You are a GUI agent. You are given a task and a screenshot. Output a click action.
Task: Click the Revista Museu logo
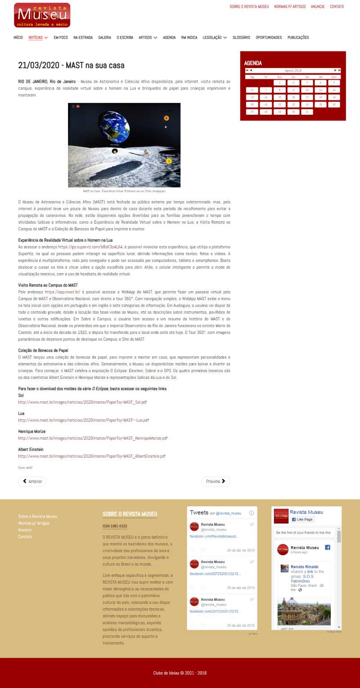tap(42, 15)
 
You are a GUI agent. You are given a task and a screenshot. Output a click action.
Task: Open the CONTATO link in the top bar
tap(337, 7)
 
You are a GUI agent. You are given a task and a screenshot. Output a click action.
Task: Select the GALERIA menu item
tap(105, 38)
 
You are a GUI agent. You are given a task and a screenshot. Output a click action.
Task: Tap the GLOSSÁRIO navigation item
tap(241, 38)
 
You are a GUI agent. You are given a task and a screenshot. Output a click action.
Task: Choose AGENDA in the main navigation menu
tap(169, 38)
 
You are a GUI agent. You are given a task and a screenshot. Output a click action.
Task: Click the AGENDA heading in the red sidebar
tap(253, 63)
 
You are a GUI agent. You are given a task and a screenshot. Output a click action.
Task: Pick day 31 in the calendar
tap(307, 112)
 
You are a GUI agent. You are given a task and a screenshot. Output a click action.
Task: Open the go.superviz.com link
tap(90, 247)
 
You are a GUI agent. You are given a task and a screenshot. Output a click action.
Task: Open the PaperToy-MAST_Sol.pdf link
tap(82, 402)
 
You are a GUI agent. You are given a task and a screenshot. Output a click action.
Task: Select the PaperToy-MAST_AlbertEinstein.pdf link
tap(92, 456)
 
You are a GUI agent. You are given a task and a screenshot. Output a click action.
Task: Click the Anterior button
tap(32, 481)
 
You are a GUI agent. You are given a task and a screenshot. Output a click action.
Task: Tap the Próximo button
tap(216, 481)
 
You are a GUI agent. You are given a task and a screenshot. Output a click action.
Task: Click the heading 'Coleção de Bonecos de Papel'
tap(43, 350)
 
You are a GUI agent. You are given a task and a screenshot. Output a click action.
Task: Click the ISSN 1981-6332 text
tap(115, 526)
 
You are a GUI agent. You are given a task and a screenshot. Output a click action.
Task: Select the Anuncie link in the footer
tap(25, 530)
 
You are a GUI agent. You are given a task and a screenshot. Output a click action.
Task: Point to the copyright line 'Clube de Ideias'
tap(180, 673)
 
